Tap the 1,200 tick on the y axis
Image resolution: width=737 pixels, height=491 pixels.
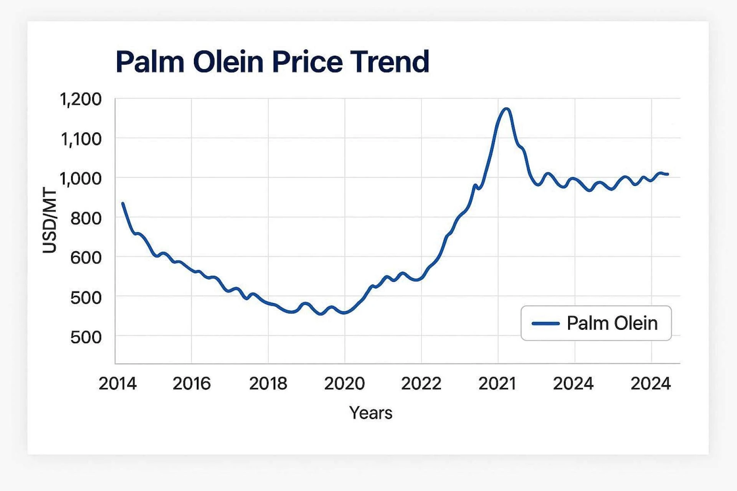coord(81,99)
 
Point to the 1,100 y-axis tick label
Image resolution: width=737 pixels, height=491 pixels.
coord(81,139)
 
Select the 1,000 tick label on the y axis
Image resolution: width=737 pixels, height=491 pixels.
coord(81,179)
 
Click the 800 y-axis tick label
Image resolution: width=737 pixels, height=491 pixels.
coord(86,219)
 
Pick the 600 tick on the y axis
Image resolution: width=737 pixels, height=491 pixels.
coord(86,258)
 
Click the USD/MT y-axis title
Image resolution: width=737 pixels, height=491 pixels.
coord(50,221)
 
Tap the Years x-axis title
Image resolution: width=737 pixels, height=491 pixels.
coord(371,413)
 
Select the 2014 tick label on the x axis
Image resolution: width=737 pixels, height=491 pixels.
coord(117,384)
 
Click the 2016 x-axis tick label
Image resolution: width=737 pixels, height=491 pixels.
coord(192,384)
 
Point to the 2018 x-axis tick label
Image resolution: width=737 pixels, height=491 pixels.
coord(268,384)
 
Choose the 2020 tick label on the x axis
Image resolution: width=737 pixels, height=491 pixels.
coord(344,384)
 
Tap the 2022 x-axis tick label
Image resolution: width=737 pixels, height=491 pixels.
coord(421,384)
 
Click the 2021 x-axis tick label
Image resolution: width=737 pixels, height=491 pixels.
coord(497,384)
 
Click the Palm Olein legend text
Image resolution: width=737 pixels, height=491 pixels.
coord(612,323)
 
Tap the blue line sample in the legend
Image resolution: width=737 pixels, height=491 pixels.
coord(545,323)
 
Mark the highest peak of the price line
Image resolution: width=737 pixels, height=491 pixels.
coord(507,109)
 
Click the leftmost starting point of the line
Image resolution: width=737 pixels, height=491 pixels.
coord(123,203)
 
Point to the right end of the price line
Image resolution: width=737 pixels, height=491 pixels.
coord(668,174)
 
